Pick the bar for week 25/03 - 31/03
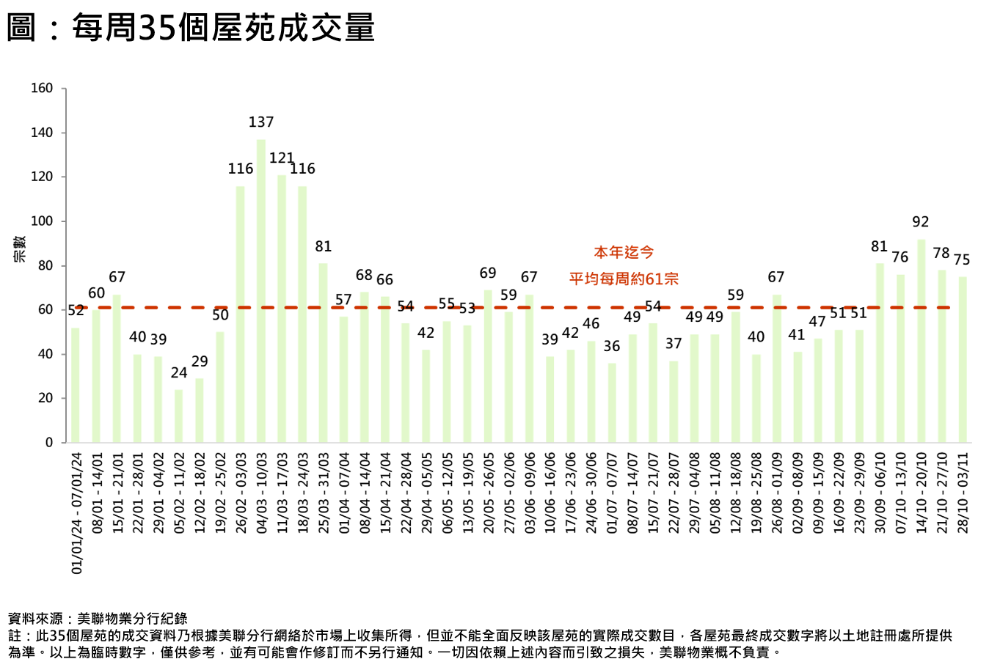tap(323, 353)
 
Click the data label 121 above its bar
tap(281, 158)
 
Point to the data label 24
tap(179, 373)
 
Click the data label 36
tap(611, 346)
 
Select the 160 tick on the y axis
tap(42, 89)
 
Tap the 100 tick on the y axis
tap(42, 221)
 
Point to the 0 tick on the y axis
tap(49, 443)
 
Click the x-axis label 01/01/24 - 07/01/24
tap(77, 512)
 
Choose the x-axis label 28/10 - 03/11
tap(963, 492)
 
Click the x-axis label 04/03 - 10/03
tap(262, 492)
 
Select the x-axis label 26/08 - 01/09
tap(777, 492)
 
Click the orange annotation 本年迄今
tap(624, 252)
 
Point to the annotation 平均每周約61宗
tap(624, 279)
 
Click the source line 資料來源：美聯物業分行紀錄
tap(98, 619)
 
